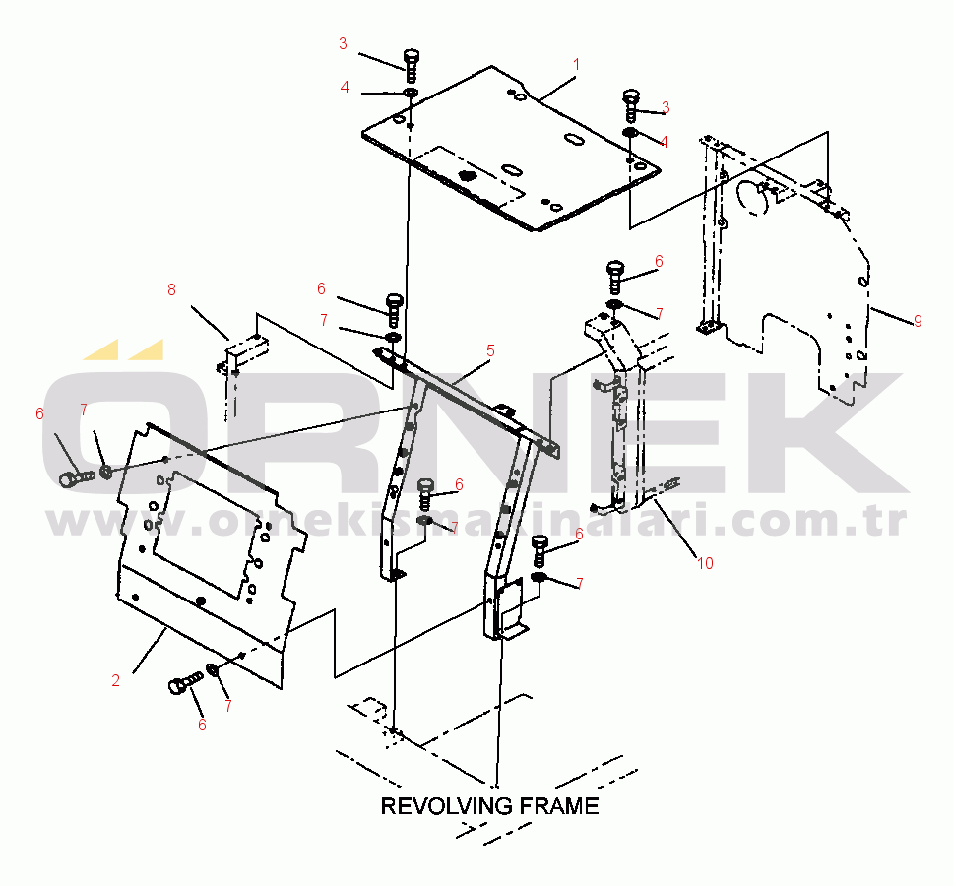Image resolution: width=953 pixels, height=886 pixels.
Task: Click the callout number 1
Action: click(x=576, y=64)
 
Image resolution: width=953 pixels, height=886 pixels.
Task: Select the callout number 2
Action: click(x=115, y=680)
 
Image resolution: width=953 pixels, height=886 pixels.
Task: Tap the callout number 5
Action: click(x=490, y=350)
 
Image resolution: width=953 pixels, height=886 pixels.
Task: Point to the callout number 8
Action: click(x=171, y=289)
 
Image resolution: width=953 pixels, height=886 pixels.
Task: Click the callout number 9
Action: click(x=918, y=321)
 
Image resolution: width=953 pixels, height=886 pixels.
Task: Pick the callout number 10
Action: click(x=704, y=563)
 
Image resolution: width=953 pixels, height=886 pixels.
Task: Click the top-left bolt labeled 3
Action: click(x=412, y=64)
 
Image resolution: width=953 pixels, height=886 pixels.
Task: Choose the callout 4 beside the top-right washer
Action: click(x=664, y=142)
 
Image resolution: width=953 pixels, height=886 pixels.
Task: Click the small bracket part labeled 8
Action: click(x=242, y=354)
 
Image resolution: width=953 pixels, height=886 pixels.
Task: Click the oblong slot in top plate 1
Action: click(x=574, y=141)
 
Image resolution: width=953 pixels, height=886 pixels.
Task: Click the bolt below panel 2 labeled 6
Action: click(x=184, y=683)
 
